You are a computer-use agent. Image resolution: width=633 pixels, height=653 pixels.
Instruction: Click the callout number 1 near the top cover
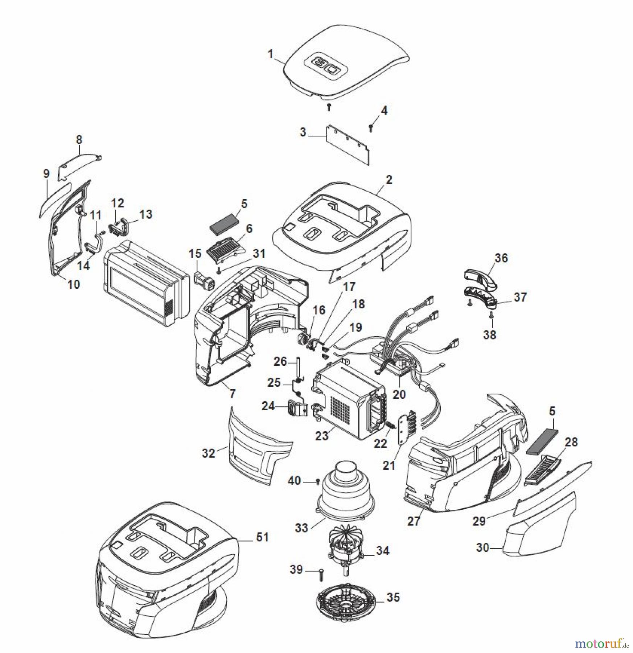point(270,54)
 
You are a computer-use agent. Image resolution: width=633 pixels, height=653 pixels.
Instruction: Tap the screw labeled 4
point(371,127)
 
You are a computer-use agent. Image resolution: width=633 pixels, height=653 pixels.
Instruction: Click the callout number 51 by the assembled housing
point(262,537)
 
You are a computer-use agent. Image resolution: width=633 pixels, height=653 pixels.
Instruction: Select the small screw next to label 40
point(318,482)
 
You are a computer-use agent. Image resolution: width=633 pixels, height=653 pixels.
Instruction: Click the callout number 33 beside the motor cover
point(301,528)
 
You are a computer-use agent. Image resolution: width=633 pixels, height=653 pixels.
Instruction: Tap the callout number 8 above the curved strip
point(79,140)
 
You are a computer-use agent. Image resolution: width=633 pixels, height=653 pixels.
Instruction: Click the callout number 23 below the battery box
point(321,435)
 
